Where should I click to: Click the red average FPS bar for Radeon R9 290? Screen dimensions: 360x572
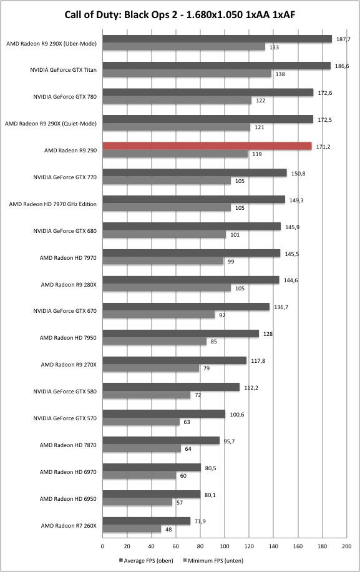click(x=207, y=146)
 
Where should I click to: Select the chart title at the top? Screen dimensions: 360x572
click(x=180, y=14)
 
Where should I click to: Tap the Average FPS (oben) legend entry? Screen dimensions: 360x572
click(x=146, y=560)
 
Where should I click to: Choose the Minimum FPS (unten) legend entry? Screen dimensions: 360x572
click(x=213, y=560)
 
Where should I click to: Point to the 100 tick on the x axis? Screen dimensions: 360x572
click(x=225, y=546)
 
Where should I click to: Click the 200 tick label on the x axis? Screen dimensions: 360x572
click(x=346, y=546)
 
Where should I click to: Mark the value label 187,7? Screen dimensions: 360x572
click(x=343, y=39)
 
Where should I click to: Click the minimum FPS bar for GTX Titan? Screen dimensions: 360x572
click(x=187, y=74)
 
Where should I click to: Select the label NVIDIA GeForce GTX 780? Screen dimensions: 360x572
click(x=65, y=97)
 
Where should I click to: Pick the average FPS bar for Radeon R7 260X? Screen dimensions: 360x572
click(x=147, y=521)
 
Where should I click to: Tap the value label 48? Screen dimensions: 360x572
click(x=168, y=530)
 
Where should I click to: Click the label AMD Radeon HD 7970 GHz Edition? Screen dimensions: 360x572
click(x=53, y=204)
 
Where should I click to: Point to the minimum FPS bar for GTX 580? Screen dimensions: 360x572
click(x=147, y=395)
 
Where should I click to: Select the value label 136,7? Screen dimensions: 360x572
click(x=281, y=307)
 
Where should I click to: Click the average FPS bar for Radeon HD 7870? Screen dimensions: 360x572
click(x=161, y=441)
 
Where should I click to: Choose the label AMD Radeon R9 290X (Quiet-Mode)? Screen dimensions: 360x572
click(x=51, y=124)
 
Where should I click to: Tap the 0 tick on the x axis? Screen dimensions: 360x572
click(x=102, y=546)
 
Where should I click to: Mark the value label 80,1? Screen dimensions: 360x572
click(x=210, y=495)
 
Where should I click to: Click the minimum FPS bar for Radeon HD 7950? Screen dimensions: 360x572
click(x=155, y=342)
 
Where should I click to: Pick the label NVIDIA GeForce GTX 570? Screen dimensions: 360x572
click(x=65, y=418)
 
